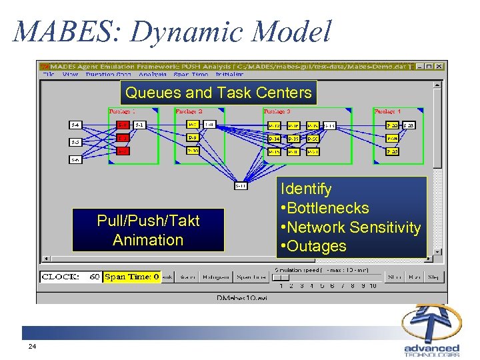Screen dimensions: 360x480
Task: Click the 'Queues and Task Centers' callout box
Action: coord(218,93)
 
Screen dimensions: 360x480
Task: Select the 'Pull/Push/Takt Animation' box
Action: coord(148,230)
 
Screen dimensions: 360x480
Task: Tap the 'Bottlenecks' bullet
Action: coord(325,208)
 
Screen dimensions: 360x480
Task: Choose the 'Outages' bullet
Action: coord(313,246)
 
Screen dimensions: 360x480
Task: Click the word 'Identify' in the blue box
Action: coord(306,189)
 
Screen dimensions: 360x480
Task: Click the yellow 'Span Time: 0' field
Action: coord(132,276)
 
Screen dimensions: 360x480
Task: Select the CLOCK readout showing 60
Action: coord(71,276)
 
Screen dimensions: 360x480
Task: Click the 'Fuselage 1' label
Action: coord(122,111)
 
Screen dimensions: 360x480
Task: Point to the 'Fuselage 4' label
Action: coord(388,111)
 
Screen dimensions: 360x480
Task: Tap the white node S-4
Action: coord(76,125)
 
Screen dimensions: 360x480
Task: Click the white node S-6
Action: coord(76,159)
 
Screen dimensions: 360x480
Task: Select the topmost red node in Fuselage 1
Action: coord(123,125)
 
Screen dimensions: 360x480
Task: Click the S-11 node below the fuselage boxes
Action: coord(241,186)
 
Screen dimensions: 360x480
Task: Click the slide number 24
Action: coord(32,347)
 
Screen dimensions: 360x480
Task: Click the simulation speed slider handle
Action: coord(283,277)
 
